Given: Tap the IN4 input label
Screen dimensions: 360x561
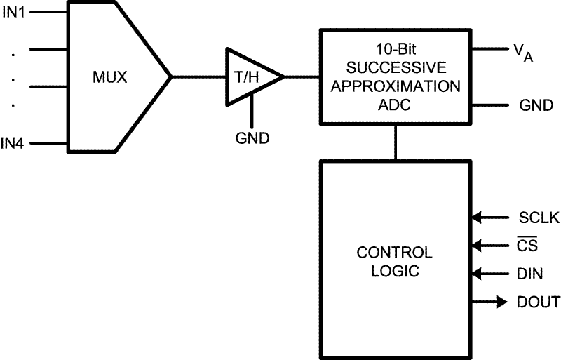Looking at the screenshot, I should click(x=13, y=144).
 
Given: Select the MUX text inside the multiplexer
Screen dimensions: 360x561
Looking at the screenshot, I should click(x=110, y=76).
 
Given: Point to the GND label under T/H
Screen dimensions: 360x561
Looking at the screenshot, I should click(x=252, y=138).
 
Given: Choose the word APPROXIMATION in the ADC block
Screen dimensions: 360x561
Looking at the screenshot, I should click(x=396, y=87).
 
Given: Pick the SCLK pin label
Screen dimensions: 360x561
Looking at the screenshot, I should click(x=539, y=218).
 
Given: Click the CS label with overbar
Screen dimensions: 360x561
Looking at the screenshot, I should click(x=527, y=246).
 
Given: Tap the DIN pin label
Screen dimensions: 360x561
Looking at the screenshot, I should click(x=529, y=274).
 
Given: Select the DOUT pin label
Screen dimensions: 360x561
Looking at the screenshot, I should click(x=539, y=302).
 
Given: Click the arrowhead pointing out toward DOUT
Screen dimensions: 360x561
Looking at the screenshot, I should click(x=501, y=302).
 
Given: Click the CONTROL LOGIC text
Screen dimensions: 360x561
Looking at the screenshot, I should click(x=395, y=261).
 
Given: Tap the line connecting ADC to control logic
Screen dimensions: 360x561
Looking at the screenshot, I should click(x=396, y=143).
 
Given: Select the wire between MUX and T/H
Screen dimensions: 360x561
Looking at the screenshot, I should click(x=198, y=76).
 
